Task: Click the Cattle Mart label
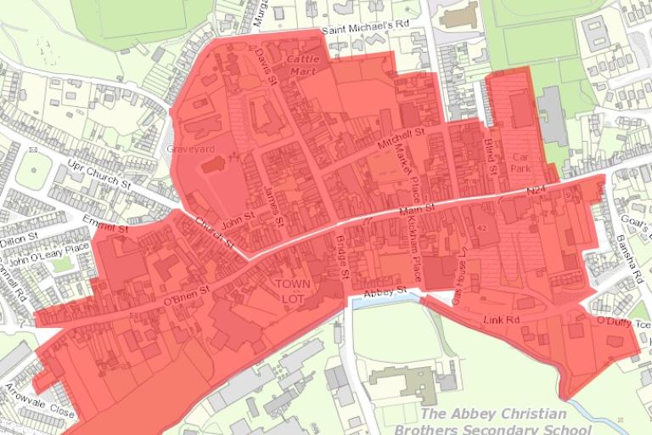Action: pos(301,65)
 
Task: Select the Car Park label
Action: pos(521,163)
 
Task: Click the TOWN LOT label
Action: pos(293,289)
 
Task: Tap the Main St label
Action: pos(418,206)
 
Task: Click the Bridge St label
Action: pos(344,258)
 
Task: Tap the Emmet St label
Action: pos(104,224)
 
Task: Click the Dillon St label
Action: pos(20,240)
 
